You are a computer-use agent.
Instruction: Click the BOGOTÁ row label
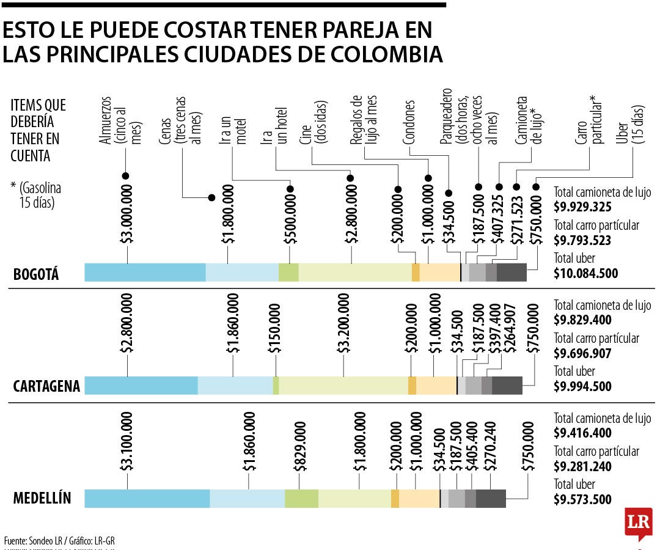click(36, 274)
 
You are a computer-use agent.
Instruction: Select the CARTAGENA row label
click(46, 386)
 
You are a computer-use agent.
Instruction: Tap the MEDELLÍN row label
click(42, 499)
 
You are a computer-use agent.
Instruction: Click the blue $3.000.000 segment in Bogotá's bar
click(145, 273)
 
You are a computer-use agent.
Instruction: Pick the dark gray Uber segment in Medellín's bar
click(491, 499)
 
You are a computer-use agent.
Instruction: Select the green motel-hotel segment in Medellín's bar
click(301, 499)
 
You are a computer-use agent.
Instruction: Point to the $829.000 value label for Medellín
click(299, 446)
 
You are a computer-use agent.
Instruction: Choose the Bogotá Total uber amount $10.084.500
click(585, 273)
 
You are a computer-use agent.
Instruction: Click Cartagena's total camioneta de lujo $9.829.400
click(582, 320)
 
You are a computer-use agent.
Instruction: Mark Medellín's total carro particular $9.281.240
click(582, 467)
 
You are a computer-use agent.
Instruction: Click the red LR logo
click(638, 522)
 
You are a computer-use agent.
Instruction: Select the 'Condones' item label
click(409, 123)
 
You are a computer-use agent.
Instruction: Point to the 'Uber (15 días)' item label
click(630, 125)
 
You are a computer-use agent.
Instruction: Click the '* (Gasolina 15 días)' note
click(36, 195)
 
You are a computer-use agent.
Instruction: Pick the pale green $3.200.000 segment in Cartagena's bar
click(343, 386)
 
